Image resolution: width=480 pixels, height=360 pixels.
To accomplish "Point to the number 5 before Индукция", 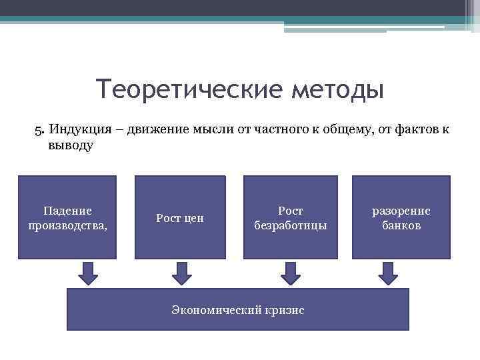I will coord(38,129).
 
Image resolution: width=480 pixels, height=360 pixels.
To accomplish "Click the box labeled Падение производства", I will coord(67,217).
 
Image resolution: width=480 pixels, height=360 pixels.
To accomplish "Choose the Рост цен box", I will coord(180,217).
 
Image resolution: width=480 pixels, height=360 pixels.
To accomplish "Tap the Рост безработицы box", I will coord(290,217).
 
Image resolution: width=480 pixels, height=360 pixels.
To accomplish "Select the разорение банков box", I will coord(401,217).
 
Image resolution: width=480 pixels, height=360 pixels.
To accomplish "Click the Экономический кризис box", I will coord(238,309).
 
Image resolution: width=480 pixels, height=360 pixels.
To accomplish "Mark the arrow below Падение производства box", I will coord(88,272).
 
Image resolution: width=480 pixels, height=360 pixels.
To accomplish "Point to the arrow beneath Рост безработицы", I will coord(290,272).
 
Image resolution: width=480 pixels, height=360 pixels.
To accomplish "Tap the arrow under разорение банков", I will coord(388,272).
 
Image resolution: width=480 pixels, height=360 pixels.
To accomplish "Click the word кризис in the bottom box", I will coord(285,310).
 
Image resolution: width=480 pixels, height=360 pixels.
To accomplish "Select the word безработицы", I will coord(291,225).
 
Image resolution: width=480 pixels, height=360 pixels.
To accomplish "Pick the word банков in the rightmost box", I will coord(401,225).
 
